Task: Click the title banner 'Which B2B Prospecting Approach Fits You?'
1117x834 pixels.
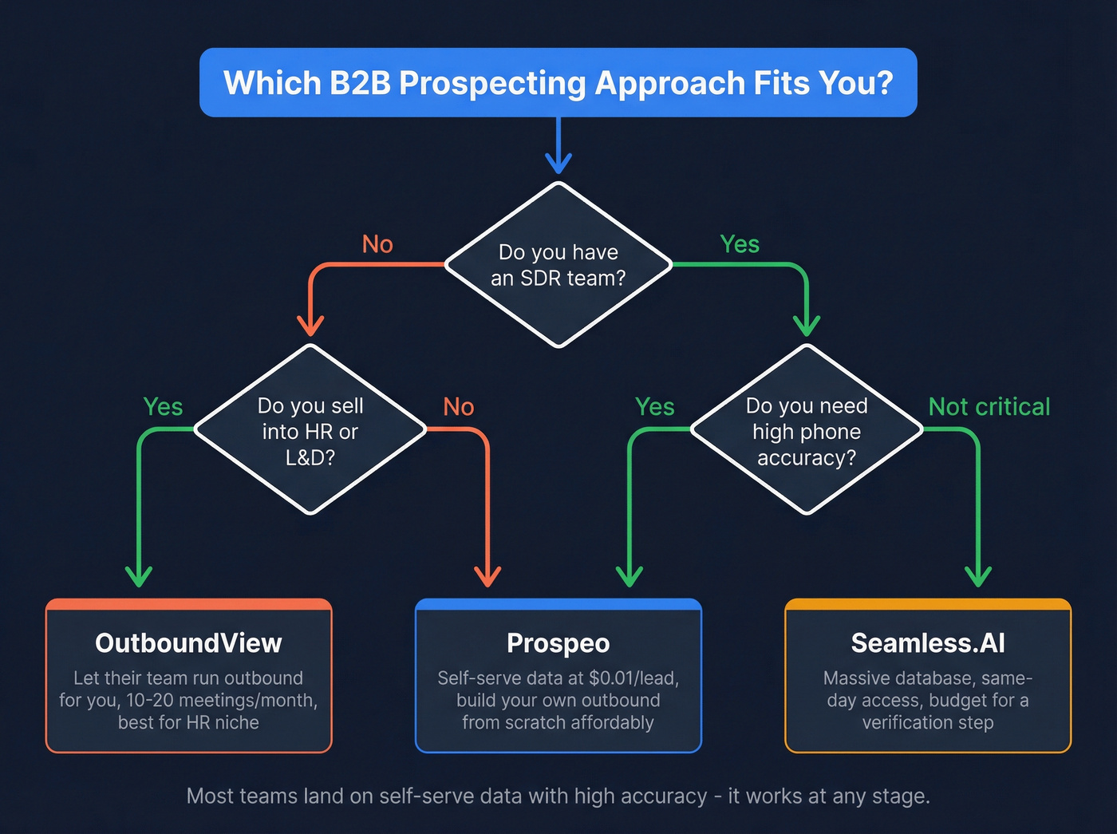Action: click(x=558, y=83)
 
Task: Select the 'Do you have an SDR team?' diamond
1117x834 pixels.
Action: click(x=558, y=265)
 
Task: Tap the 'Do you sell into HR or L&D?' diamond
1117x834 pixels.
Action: click(x=310, y=431)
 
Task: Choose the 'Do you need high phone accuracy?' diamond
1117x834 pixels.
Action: click(x=807, y=431)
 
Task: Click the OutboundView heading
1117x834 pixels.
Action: click(x=188, y=643)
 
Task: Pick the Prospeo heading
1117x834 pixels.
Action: click(x=558, y=643)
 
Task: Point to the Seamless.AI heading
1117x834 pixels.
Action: click(x=928, y=643)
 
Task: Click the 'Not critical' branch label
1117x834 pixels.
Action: click(x=989, y=407)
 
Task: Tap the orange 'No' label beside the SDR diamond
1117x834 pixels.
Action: click(x=377, y=244)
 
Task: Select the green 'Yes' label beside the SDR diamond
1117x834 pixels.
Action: click(x=740, y=244)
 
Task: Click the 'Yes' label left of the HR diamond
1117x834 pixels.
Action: click(x=163, y=407)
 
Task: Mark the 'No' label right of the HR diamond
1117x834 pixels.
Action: click(x=459, y=407)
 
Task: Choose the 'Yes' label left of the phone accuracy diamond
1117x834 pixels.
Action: click(x=655, y=407)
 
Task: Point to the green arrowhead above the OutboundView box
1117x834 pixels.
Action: click(x=139, y=576)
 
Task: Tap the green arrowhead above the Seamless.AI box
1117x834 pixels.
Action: click(x=978, y=576)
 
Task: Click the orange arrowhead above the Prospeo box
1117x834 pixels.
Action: click(x=487, y=576)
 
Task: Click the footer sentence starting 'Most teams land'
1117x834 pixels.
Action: click(x=558, y=796)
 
